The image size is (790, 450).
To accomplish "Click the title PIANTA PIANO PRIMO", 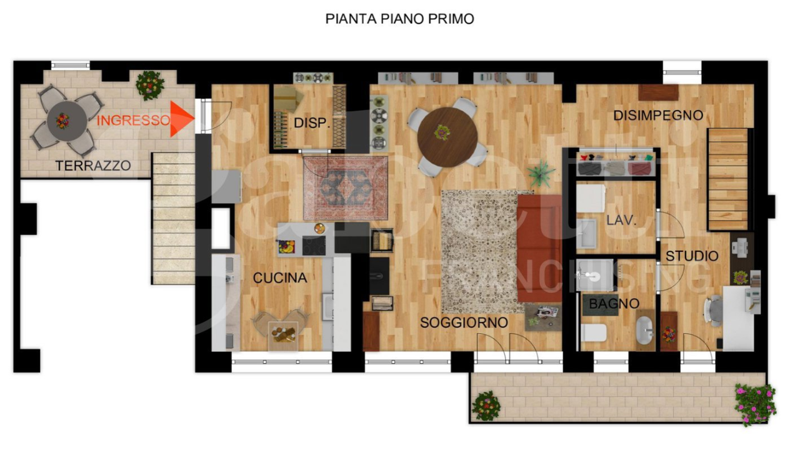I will point(399,19).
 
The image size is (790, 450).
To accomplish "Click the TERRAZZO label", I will point(93,166).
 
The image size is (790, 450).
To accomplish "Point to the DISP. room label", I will point(311,123).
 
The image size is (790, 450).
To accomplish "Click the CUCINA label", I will point(279,278).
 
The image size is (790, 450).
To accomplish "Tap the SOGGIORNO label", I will point(462,322).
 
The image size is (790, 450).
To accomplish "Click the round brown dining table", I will point(447,136).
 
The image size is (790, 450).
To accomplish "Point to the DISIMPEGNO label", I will point(657,116).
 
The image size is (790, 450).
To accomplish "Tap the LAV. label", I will point(621,220).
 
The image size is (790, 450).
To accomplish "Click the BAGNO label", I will point(614,304).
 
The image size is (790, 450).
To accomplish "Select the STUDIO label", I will point(691,256).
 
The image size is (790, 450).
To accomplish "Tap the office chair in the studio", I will point(712,310).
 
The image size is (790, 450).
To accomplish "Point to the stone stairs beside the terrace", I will point(173,219).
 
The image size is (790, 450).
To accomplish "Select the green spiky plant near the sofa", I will point(540,172).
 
